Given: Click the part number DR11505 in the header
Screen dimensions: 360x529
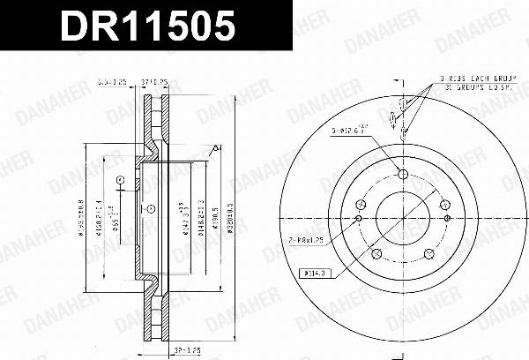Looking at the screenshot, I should pyautogui.click(x=147, y=27).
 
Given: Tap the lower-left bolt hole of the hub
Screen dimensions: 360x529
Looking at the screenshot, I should pyautogui.click(x=376, y=254).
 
